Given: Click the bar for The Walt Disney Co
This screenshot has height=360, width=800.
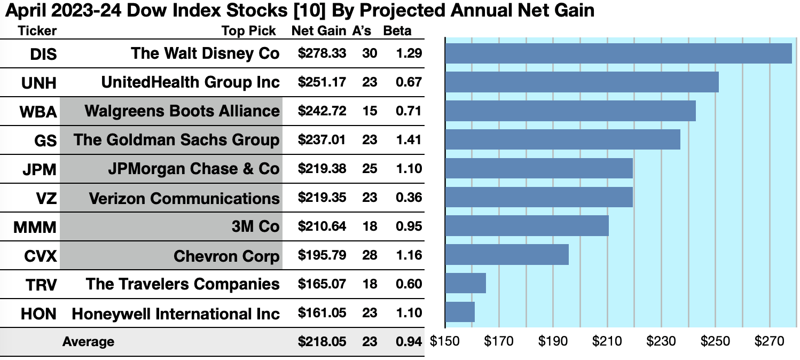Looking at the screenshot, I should point(618,53).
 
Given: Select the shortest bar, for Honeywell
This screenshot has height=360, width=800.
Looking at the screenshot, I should point(460,312).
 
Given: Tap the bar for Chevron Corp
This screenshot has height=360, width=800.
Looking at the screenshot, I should point(507,255).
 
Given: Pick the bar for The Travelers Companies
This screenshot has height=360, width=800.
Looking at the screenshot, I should point(465,283).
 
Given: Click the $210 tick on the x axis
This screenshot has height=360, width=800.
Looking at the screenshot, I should point(607,341).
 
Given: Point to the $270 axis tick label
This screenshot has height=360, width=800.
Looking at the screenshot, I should point(770,341).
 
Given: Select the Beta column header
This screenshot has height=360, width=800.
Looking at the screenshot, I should point(397,30).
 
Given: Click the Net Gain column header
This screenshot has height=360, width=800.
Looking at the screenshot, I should point(319,30).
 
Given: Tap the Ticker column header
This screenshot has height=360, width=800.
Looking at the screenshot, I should point(37,30).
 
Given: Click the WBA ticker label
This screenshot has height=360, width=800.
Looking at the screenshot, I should point(38,111).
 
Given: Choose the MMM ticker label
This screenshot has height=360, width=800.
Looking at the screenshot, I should point(35,227).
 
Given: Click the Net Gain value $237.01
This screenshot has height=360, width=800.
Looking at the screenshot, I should point(321,140).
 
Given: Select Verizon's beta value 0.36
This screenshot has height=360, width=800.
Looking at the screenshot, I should point(409,198).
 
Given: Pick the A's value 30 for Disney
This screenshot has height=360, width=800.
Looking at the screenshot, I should point(369,53).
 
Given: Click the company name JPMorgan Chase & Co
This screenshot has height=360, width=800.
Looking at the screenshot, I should point(193,169).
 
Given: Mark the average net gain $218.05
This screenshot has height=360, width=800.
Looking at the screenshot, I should point(321,341).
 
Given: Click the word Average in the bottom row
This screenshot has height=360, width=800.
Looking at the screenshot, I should point(88,341).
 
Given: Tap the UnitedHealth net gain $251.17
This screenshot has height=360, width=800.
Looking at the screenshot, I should point(321,82).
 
